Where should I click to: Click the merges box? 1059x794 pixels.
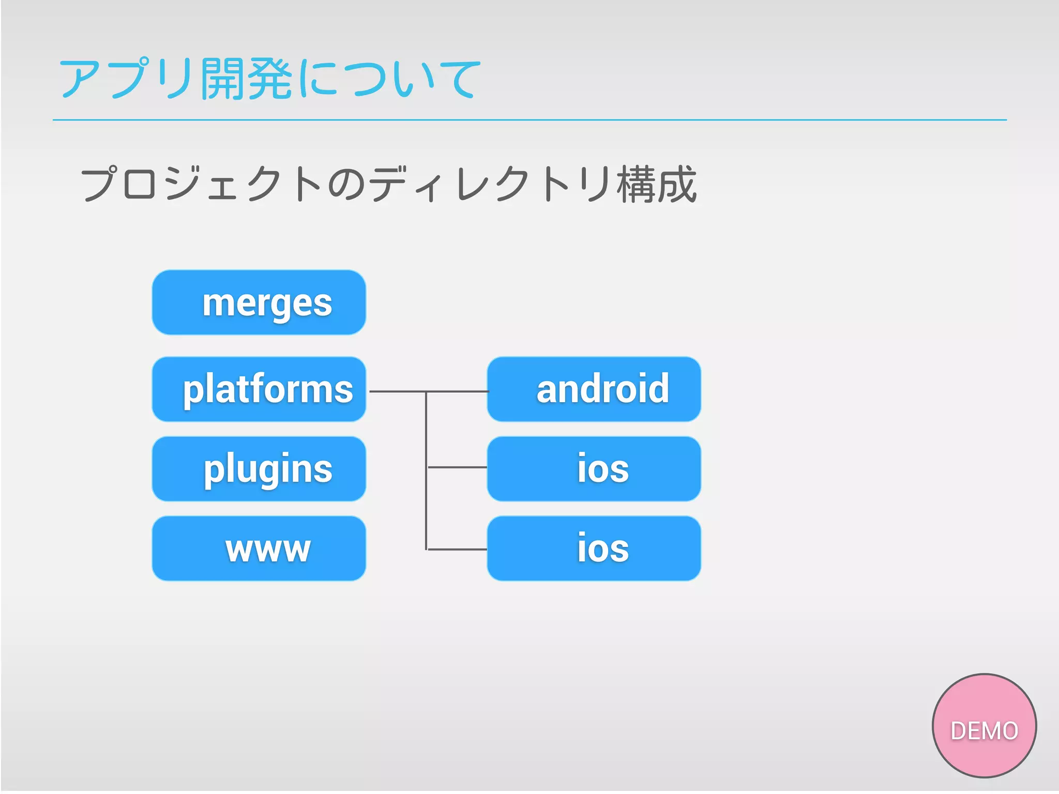tap(259, 302)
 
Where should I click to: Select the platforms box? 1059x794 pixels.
tap(259, 389)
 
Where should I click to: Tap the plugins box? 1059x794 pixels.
tap(259, 469)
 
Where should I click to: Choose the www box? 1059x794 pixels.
tap(259, 548)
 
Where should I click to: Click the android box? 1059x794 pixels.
tap(594, 389)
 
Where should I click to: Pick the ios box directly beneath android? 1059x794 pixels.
tap(594, 469)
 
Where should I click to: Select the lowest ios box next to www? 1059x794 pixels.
tap(594, 548)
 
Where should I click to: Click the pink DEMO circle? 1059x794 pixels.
tap(984, 725)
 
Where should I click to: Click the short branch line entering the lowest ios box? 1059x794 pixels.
tap(458, 549)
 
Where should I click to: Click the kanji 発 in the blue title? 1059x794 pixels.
tap(269, 79)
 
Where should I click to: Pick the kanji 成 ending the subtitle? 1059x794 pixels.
tap(677, 185)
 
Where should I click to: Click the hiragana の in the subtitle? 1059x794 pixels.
tap(346, 185)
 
